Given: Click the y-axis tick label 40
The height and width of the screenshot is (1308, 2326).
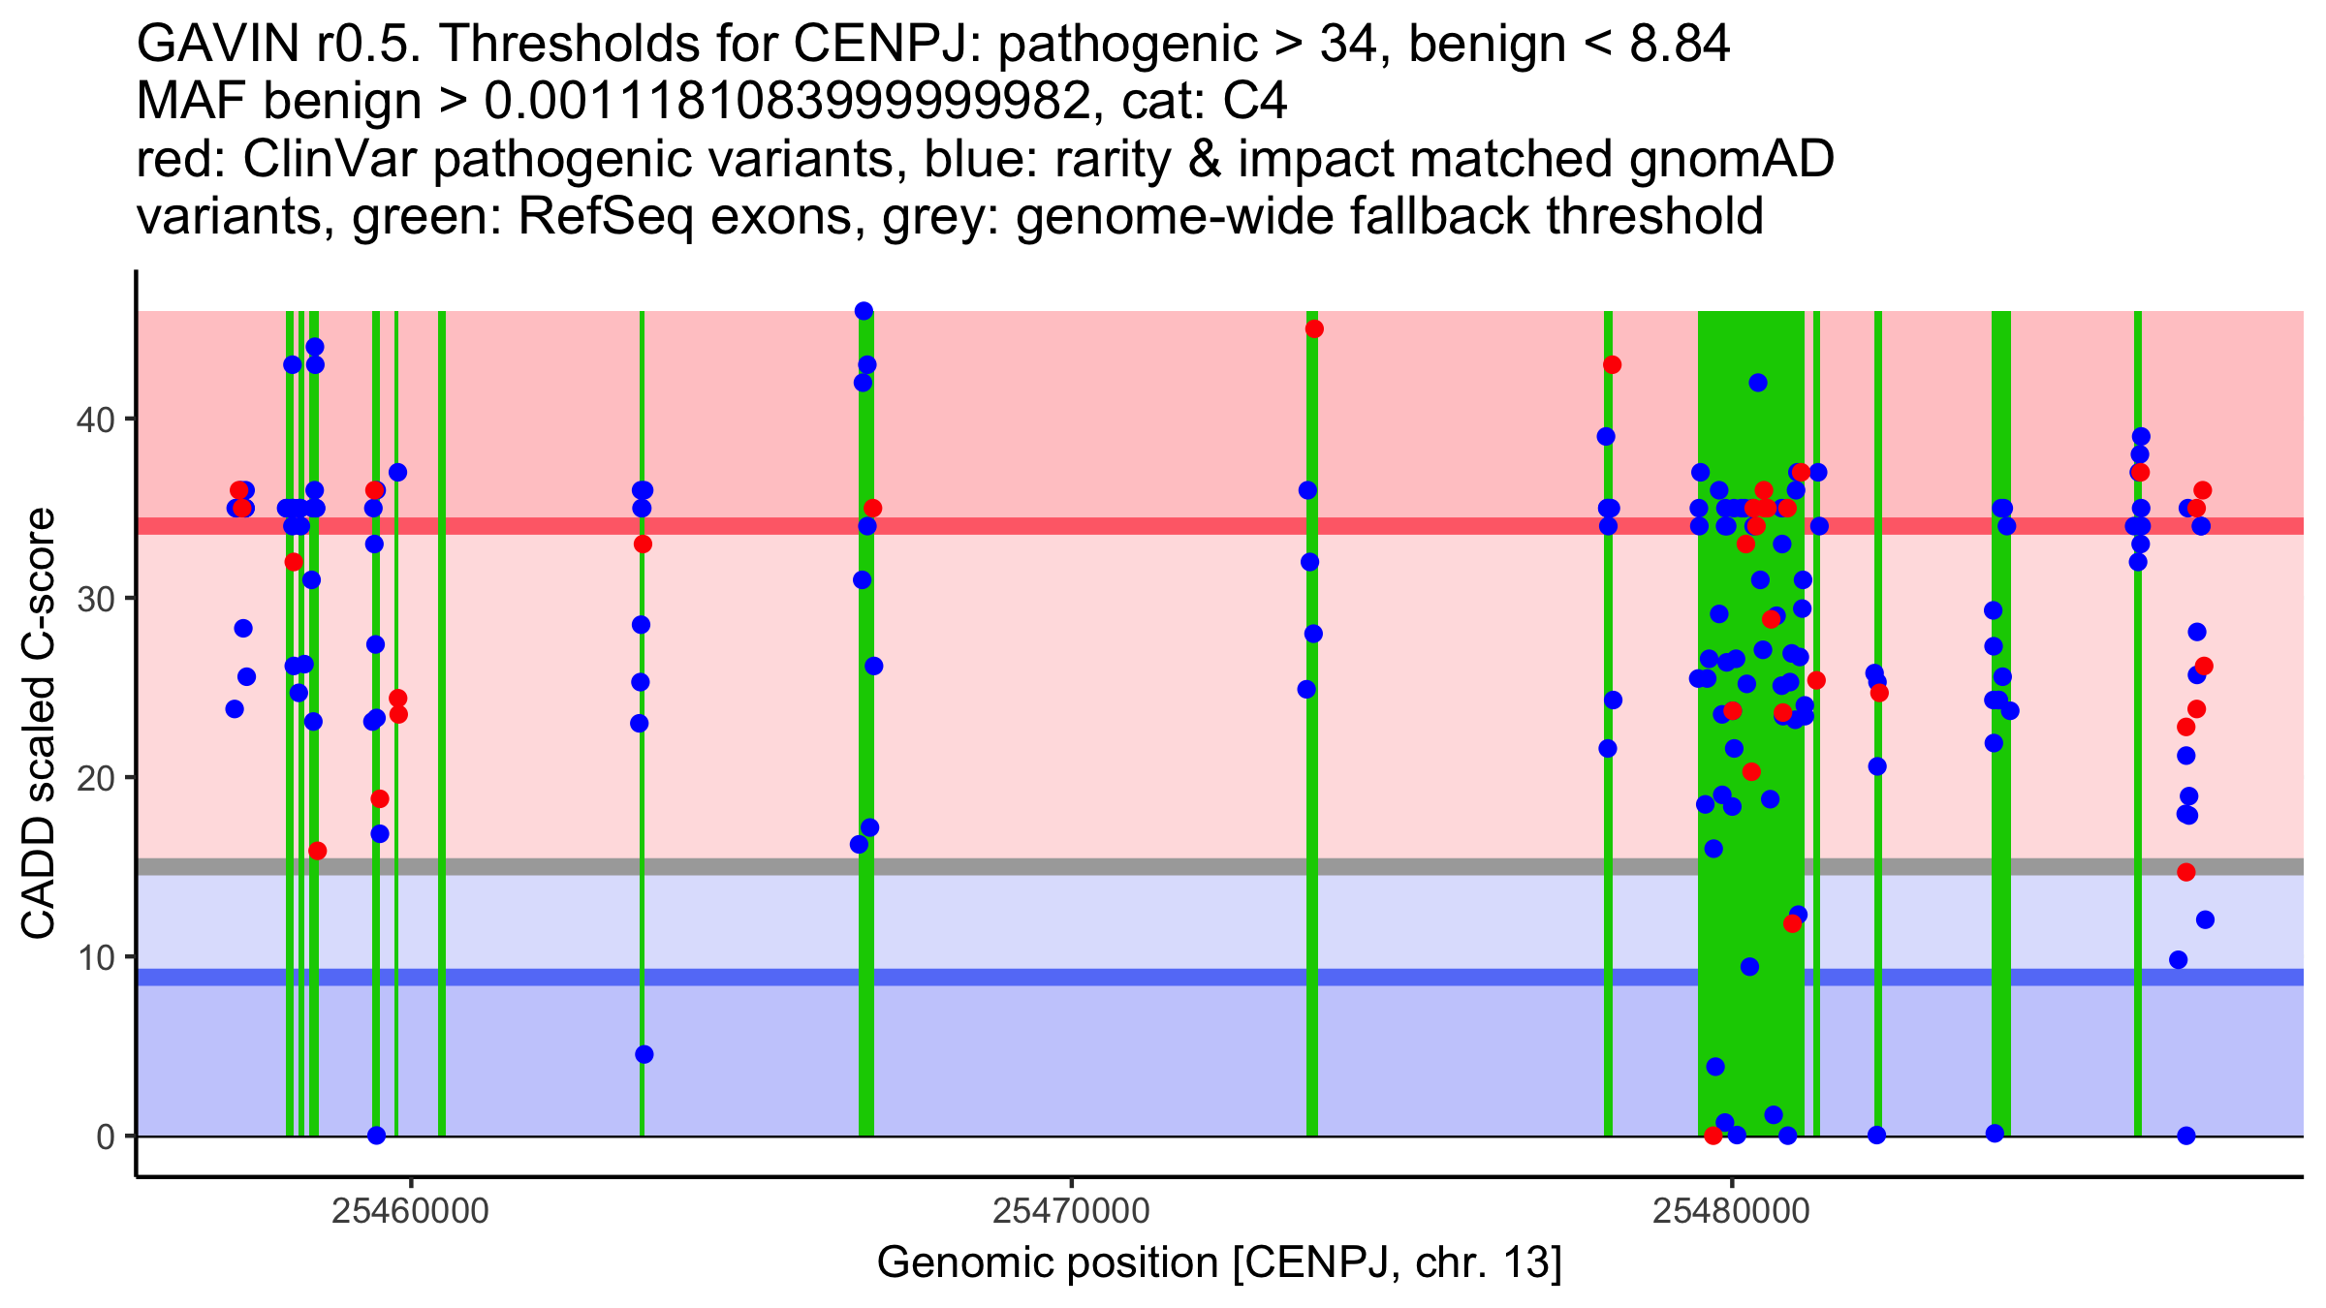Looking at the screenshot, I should coord(95,420).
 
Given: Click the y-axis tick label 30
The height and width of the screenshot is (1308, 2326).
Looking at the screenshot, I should coord(95,599).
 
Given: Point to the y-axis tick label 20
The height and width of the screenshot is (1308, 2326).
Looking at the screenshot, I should coord(95,778).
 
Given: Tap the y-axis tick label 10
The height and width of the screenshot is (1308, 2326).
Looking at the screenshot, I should coord(95,957).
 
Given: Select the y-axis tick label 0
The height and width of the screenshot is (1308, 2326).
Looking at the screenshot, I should coord(105,1137).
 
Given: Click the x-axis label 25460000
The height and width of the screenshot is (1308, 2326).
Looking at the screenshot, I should coord(410,1211).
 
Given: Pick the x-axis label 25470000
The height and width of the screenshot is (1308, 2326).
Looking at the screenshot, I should coord(1071,1211).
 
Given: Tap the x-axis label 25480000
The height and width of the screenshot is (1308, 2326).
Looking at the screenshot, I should coord(1732,1211).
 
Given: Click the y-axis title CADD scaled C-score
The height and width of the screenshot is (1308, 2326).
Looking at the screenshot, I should coord(39,725).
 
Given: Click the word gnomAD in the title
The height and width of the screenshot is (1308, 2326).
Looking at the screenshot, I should coord(1731,160).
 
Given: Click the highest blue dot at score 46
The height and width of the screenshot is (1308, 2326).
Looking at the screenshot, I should coord(864,311).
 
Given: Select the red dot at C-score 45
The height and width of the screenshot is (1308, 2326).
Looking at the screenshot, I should coord(1314,329).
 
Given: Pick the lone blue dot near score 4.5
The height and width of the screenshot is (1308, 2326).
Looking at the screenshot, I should coord(644,1054).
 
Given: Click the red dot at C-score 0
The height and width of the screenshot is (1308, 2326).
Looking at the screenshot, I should coord(1713,1136).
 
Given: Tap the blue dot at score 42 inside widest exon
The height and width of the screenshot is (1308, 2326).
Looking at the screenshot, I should coord(1758,383).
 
